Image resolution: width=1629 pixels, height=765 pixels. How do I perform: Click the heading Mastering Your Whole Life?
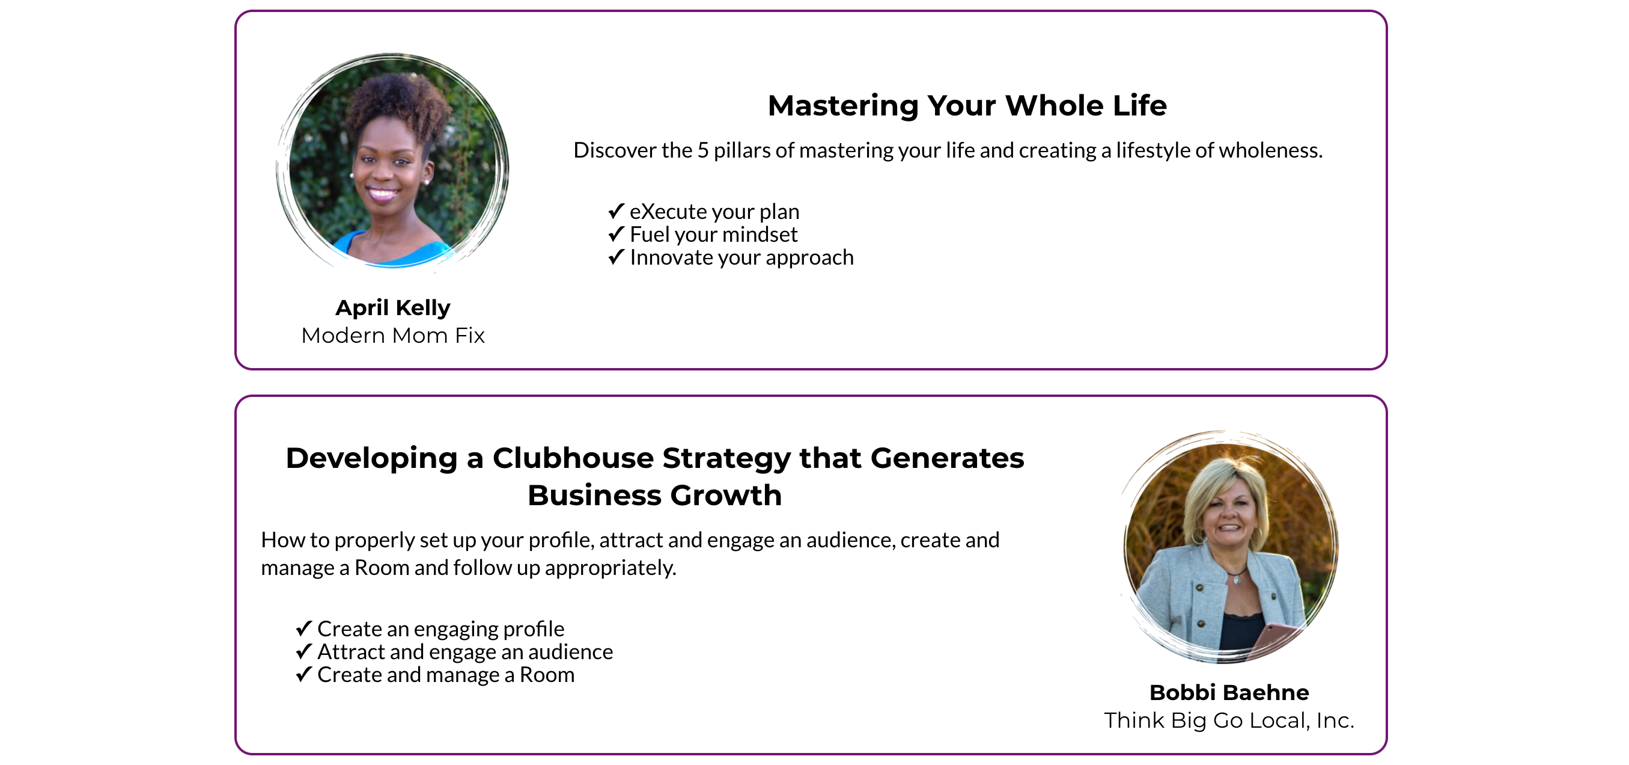point(967,105)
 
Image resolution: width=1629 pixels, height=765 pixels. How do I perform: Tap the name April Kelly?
point(393,307)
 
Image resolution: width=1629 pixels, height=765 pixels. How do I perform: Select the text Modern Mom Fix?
point(393,336)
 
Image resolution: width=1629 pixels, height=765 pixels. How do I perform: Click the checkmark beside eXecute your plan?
point(616,210)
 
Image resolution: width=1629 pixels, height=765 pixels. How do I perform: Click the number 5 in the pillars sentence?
point(702,150)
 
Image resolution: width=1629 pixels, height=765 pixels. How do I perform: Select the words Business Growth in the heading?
point(654,496)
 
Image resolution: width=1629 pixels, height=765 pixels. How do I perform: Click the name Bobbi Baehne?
point(1229,692)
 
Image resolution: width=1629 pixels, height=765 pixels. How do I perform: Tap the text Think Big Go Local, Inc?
point(1229,720)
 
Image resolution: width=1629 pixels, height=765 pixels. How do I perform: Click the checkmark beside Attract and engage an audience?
point(303,651)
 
